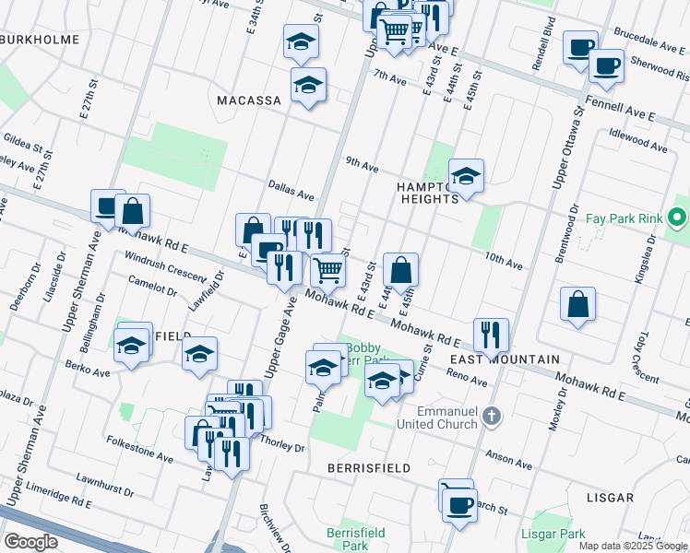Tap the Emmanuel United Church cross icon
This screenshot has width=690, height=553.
coord(493,417)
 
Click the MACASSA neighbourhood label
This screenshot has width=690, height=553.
coord(249,100)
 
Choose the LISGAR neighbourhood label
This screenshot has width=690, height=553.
coord(610,498)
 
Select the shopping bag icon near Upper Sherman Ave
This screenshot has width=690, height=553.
coord(133,211)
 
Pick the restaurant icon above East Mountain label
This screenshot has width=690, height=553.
coord(491,334)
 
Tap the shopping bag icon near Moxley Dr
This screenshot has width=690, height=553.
coord(577,304)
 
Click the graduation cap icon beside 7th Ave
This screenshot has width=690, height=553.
coord(308,85)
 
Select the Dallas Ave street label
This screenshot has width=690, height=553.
coord(291,190)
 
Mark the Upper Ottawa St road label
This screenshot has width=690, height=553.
coord(565,148)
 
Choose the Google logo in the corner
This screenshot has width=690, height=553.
coord(30,542)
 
